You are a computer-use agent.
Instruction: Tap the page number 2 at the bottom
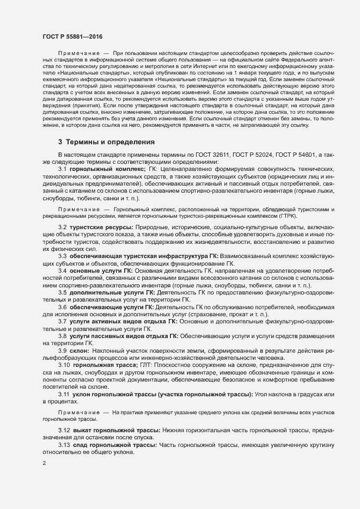(x=44, y=464)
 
